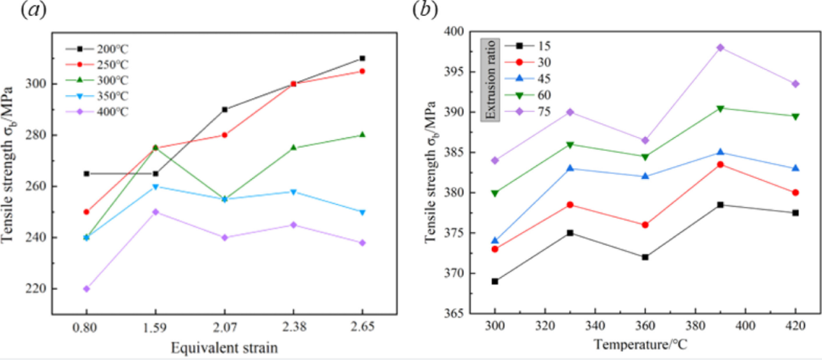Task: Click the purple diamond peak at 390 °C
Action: click(x=720, y=47)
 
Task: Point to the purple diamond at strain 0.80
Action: click(x=86, y=288)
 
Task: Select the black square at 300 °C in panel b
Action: click(x=495, y=281)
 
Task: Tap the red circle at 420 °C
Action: click(x=795, y=193)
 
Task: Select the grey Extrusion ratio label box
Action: click(x=491, y=78)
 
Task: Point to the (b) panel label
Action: click(x=424, y=11)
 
